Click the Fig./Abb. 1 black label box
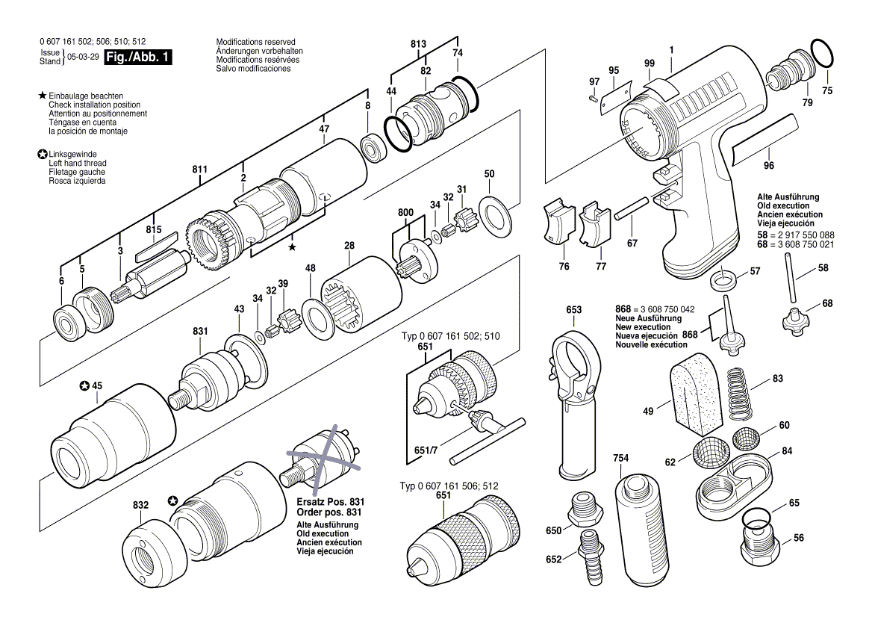click(x=138, y=58)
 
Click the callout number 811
click(x=199, y=170)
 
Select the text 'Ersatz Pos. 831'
click(x=323, y=502)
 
